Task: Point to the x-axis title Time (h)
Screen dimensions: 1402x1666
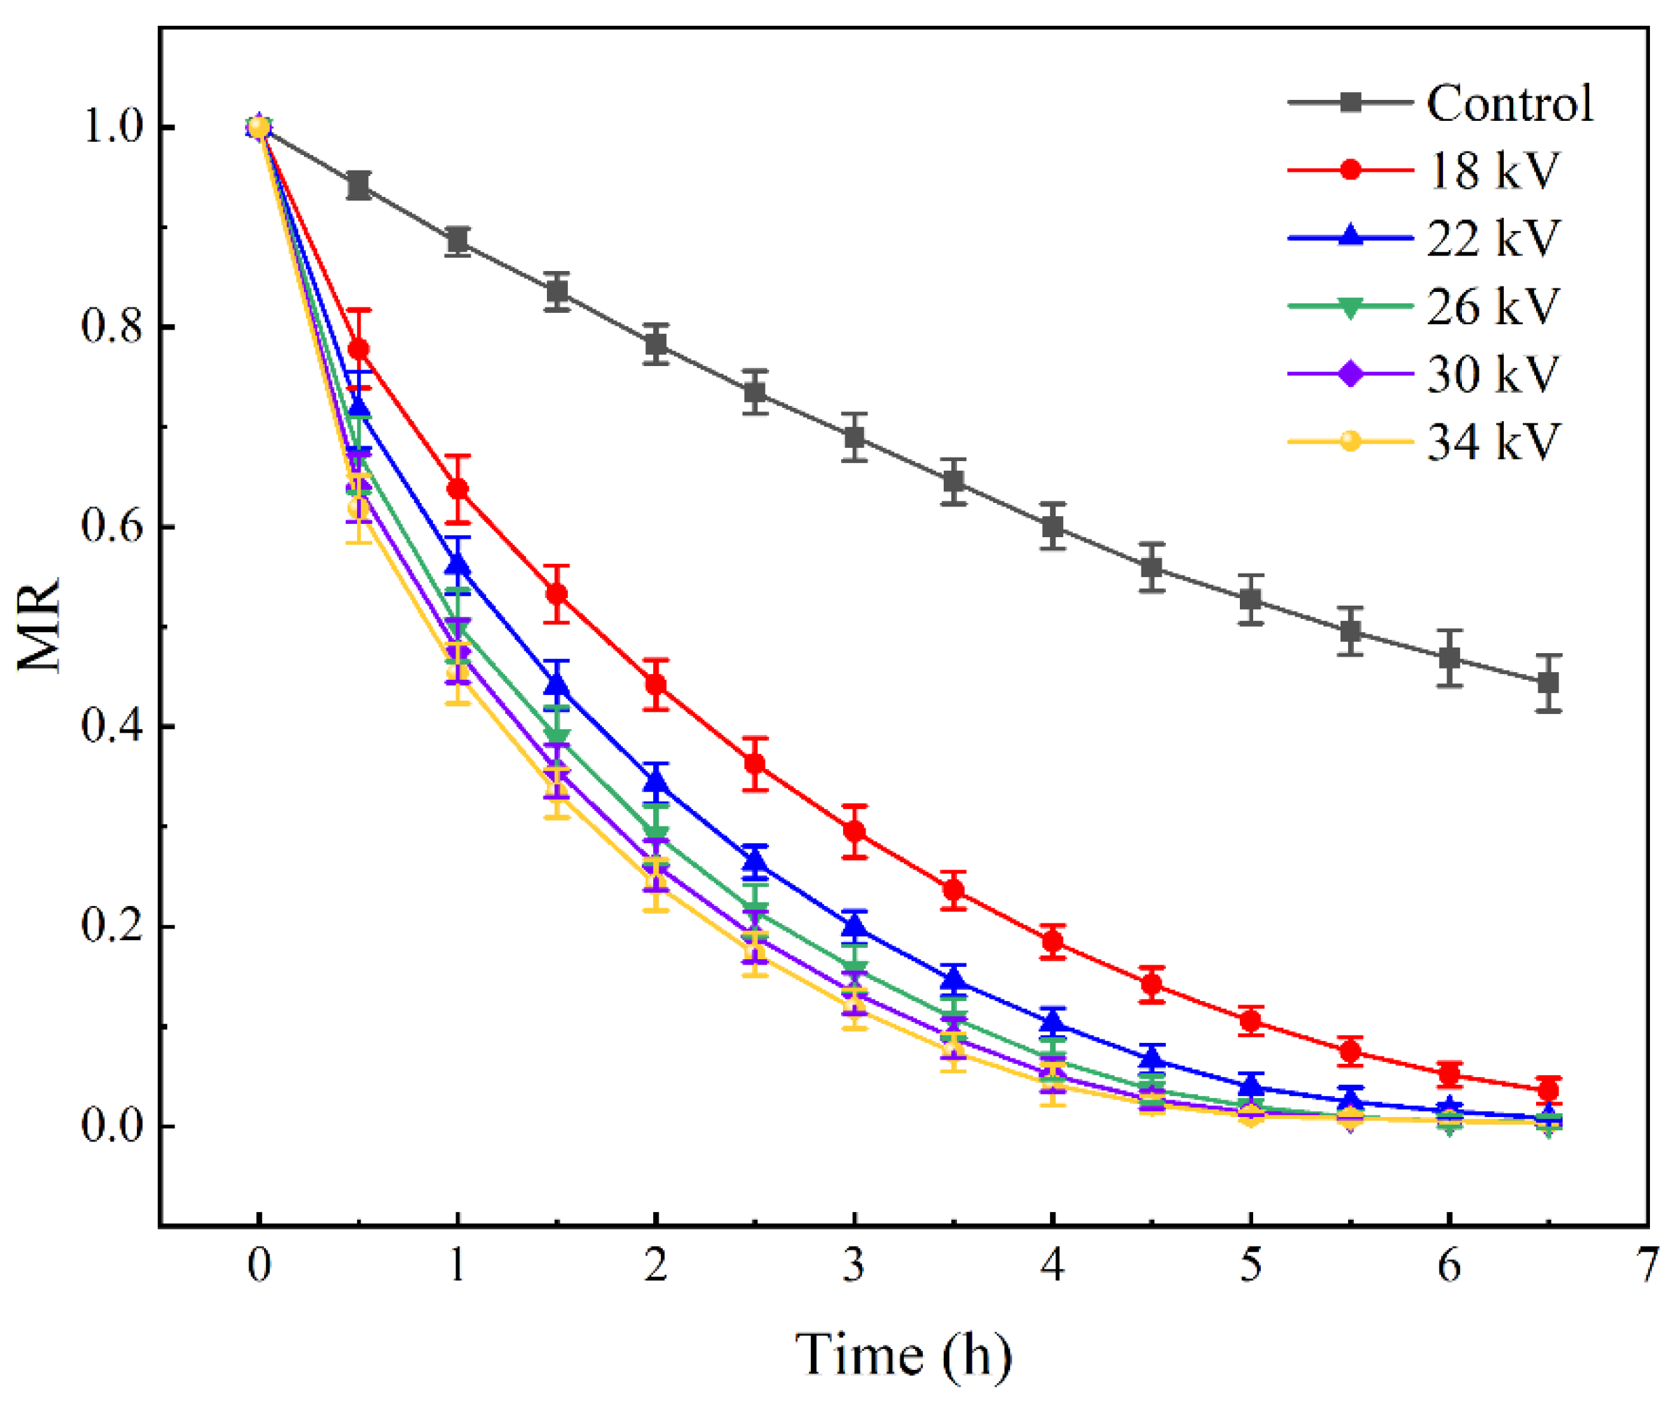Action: click(x=903, y=1354)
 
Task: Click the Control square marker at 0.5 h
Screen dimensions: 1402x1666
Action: click(x=359, y=185)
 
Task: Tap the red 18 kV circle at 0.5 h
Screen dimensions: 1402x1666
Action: click(x=358, y=349)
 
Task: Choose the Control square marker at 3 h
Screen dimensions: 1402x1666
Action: click(x=854, y=437)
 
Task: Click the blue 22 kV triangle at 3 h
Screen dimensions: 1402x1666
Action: click(x=854, y=926)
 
